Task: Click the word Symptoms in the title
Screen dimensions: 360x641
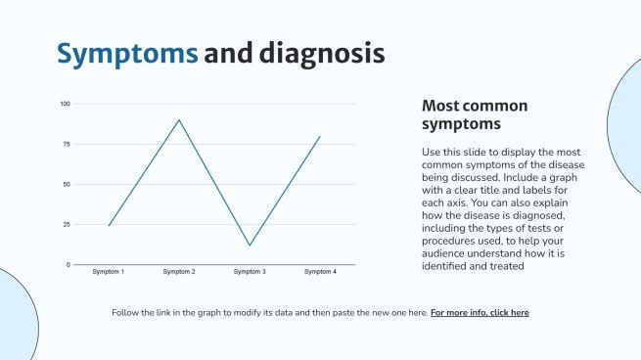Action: pyautogui.click(x=126, y=54)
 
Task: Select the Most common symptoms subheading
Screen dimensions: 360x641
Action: pyautogui.click(x=475, y=114)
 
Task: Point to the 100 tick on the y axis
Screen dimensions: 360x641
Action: pyautogui.click(x=65, y=104)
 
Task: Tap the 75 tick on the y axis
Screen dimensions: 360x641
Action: pyautogui.click(x=66, y=144)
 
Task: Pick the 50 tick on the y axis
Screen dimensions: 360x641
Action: pyautogui.click(x=66, y=184)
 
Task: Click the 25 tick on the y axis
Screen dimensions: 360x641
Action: pyautogui.click(x=66, y=224)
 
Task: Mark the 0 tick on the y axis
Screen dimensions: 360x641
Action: pyautogui.click(x=69, y=264)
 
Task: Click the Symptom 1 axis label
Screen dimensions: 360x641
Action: pyautogui.click(x=108, y=271)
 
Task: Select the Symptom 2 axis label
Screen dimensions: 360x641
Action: pyautogui.click(x=179, y=271)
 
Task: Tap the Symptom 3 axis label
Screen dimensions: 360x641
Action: pyautogui.click(x=250, y=271)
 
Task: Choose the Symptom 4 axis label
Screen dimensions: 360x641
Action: pyautogui.click(x=320, y=271)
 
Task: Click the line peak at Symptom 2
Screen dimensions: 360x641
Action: pyautogui.click(x=179, y=119)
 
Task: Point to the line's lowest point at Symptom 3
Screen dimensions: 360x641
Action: pyautogui.click(x=250, y=246)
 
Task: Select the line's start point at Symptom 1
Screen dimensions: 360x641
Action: pyautogui.click(x=108, y=226)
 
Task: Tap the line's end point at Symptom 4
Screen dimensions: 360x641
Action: pyautogui.click(x=320, y=136)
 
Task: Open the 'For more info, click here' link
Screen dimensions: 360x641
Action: pyautogui.click(x=480, y=313)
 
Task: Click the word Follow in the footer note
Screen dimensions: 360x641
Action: pyautogui.click(x=129, y=313)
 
